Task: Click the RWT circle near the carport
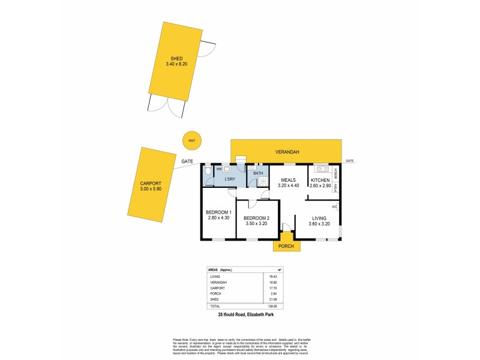(191, 140)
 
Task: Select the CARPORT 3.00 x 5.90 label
(151, 186)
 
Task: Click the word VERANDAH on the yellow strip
(286, 152)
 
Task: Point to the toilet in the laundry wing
(208, 173)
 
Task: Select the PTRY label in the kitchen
(336, 188)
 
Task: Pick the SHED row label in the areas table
(214, 298)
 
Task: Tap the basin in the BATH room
(251, 169)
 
